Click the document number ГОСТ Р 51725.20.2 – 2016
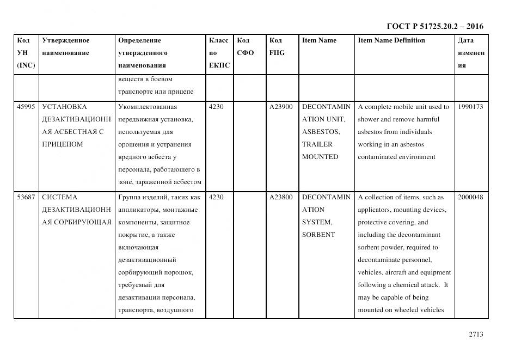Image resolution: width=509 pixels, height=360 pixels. tap(434, 26)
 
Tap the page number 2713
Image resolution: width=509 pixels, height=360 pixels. tap(475, 334)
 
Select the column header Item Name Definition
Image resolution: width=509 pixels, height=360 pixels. tap(391, 40)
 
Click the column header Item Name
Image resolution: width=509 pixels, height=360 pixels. tap(319, 40)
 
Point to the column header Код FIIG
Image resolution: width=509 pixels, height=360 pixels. tap(277, 47)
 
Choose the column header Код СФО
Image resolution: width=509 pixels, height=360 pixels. tap(245, 47)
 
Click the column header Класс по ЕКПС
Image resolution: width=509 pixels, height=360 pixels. tap(219, 53)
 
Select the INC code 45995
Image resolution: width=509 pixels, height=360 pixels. tap(26, 107)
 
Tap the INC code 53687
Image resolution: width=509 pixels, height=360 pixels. tap(26, 197)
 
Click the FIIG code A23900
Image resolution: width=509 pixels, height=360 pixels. tap(281, 107)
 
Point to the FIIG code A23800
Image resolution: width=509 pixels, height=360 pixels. tap(281, 197)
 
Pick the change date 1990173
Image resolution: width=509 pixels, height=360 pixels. tap(470, 107)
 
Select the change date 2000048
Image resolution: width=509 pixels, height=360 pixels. tap(470, 197)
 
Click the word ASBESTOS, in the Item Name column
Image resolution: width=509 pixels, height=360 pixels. tap(321, 132)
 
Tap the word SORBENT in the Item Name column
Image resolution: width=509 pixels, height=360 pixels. tap(318, 235)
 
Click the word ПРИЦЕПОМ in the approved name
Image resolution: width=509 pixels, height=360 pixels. tap(62, 144)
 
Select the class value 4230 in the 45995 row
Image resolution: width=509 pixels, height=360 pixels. tap(216, 107)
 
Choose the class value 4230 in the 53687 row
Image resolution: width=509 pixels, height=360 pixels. tap(216, 197)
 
